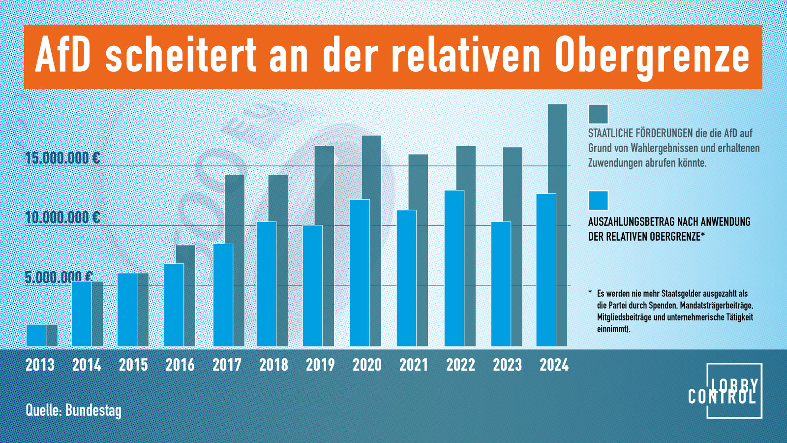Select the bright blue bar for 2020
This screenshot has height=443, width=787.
(360, 273)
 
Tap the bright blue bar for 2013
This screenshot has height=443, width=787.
(36, 335)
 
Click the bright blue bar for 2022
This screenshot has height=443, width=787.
(454, 268)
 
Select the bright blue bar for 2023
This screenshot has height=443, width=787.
(501, 284)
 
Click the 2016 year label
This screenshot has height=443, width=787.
(180, 365)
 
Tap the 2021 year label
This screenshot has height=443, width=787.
(414, 365)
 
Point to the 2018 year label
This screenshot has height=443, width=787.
(273, 365)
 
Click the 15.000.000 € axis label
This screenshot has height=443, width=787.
(62, 158)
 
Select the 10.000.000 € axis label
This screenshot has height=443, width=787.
(62, 217)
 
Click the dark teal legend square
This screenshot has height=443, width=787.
(598, 114)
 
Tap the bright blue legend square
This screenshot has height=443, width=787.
(598, 201)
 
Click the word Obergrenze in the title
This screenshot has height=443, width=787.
(652, 55)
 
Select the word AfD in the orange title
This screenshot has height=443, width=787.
(63, 55)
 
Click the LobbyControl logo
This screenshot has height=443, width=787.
(727, 391)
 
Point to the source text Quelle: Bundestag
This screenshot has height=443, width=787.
(73, 410)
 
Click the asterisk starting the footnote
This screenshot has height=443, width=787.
(590, 293)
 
